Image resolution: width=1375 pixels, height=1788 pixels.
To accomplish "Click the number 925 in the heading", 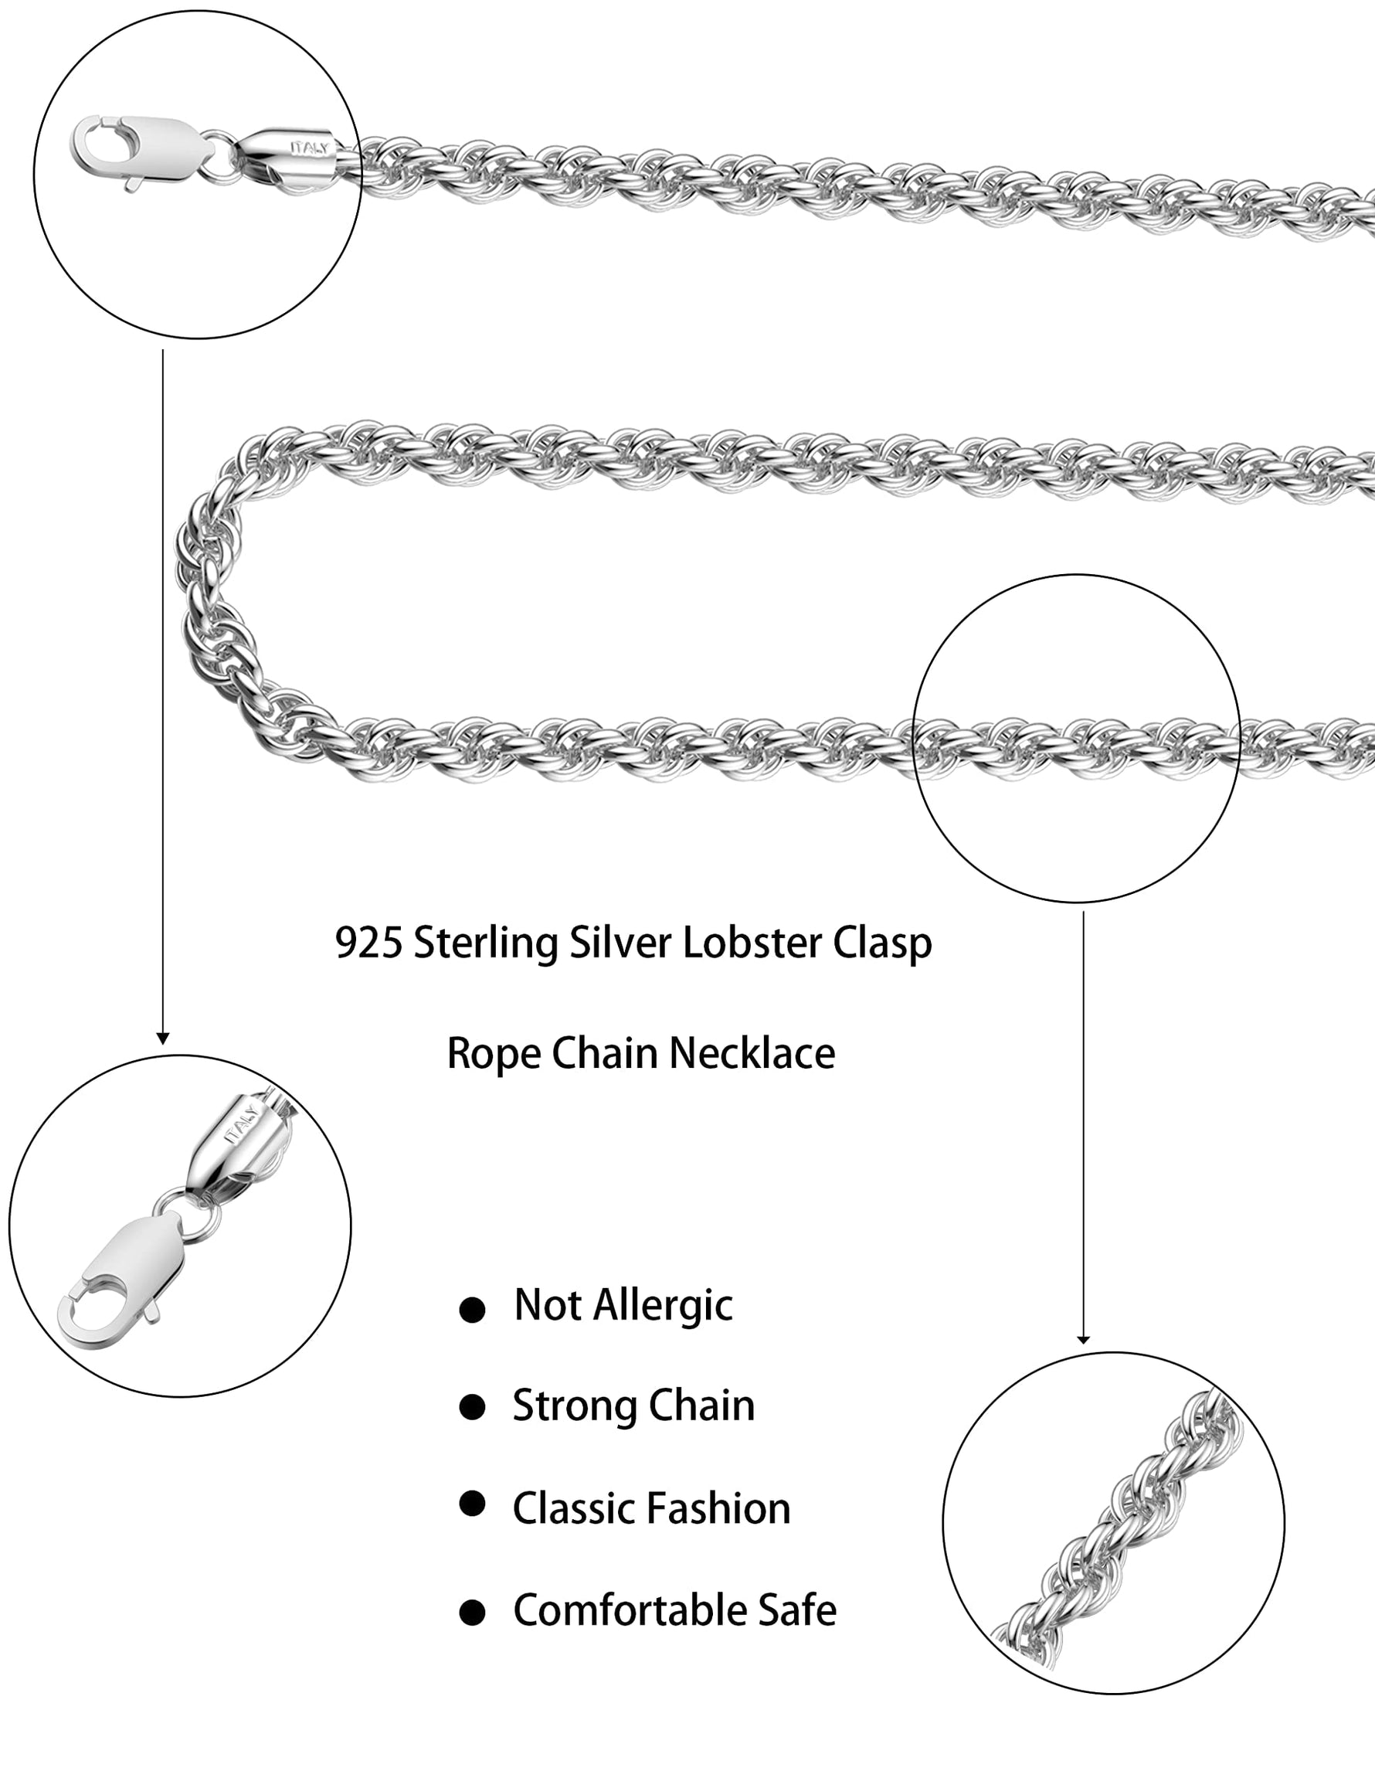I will pyautogui.click(x=368, y=943).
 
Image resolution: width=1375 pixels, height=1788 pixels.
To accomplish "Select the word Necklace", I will pyautogui.click(x=752, y=1054).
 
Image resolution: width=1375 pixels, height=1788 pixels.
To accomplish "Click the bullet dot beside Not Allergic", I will pyautogui.click(x=472, y=1310).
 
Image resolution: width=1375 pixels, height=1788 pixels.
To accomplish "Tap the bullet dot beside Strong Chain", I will pyautogui.click(x=472, y=1408).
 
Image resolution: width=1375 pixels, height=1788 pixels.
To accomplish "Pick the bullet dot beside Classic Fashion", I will pyautogui.click(x=472, y=1504).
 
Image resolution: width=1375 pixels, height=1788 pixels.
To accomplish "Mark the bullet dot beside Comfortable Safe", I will pyautogui.click(x=472, y=1613).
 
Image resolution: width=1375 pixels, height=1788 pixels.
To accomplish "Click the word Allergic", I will pyautogui.click(x=663, y=1307).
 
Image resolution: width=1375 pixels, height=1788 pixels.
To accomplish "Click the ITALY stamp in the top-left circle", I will pyautogui.click(x=309, y=148).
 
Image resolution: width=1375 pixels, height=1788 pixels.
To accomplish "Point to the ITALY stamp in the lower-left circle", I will pyautogui.click(x=243, y=1124).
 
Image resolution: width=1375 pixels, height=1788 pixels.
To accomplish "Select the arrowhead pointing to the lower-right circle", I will pyautogui.click(x=1083, y=1339).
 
